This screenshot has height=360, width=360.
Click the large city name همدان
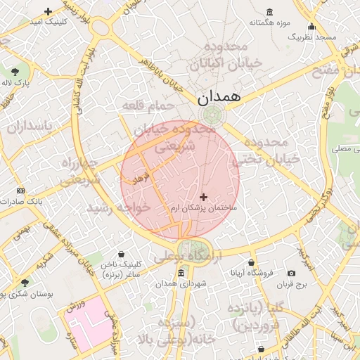pyautogui.click(x=219, y=97)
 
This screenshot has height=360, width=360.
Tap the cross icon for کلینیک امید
pyautogui.click(x=48, y=11)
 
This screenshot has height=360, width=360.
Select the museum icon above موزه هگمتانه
pyautogui.click(x=270, y=11)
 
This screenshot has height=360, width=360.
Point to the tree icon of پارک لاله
pyautogui.click(x=15, y=72)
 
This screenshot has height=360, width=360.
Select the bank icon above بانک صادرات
pyautogui.click(x=20, y=191)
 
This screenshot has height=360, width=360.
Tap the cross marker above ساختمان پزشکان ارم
pyautogui.click(x=204, y=198)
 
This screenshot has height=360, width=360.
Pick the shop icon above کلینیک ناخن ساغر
pyautogui.click(x=122, y=254)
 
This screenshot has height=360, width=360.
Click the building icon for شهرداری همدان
pyautogui.click(x=181, y=273)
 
